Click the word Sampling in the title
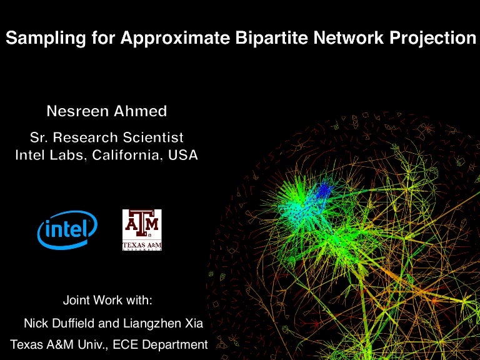(x=36, y=39)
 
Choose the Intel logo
(x=67, y=230)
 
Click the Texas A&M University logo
(x=142, y=230)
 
